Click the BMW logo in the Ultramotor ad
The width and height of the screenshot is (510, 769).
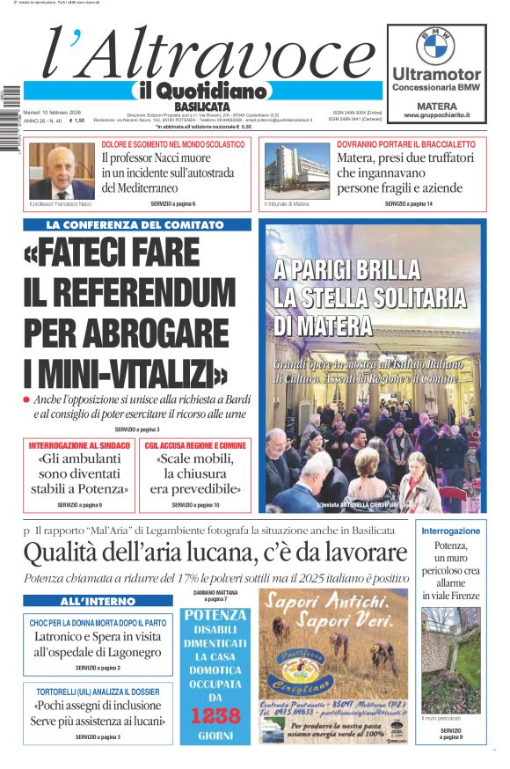435,45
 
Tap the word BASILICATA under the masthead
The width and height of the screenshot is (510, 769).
203,106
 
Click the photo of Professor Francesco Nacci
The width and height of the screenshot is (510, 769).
62,172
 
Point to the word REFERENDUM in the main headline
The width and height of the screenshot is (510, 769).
130,293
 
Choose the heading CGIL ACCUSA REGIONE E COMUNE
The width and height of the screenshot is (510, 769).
195,445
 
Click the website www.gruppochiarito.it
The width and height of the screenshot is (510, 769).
436,115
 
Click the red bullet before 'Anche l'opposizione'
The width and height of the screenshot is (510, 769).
28,400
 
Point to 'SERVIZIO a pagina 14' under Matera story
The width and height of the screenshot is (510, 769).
408,204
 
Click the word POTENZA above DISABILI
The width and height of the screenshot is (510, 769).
215,615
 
